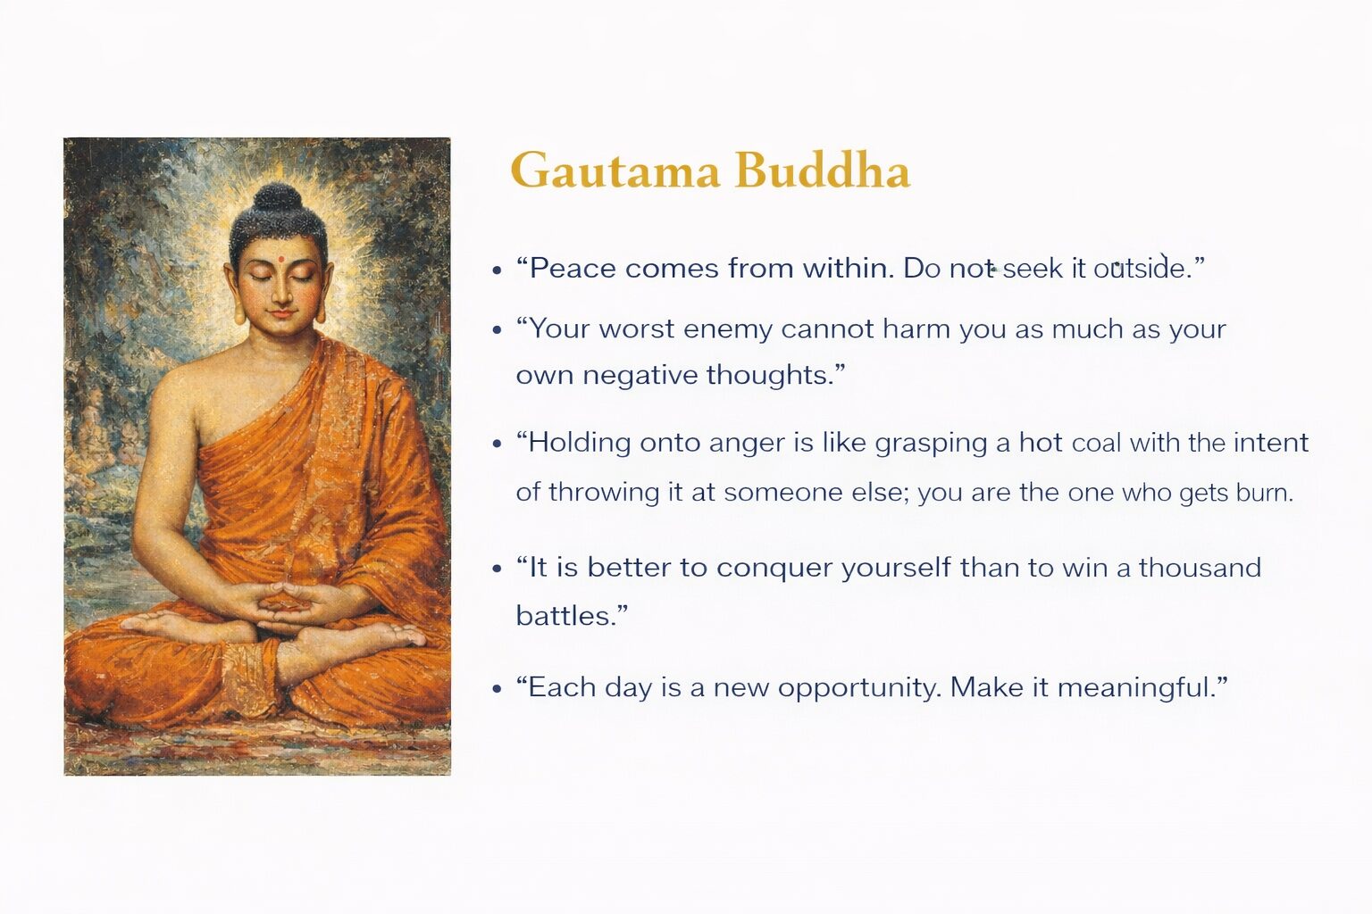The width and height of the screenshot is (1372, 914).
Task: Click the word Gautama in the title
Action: (x=615, y=170)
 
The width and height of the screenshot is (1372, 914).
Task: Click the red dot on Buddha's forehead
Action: (x=281, y=258)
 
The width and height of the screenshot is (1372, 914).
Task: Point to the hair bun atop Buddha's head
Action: (x=277, y=198)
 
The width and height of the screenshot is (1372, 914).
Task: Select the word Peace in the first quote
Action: (x=572, y=268)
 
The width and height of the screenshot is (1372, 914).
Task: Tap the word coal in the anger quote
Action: (x=1096, y=444)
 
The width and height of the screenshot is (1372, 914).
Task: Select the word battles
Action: (x=565, y=616)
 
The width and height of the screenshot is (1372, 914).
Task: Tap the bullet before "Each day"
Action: (x=497, y=689)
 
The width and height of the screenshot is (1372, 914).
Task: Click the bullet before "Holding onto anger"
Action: (x=497, y=445)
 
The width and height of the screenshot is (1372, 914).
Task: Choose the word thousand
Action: (x=1200, y=568)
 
